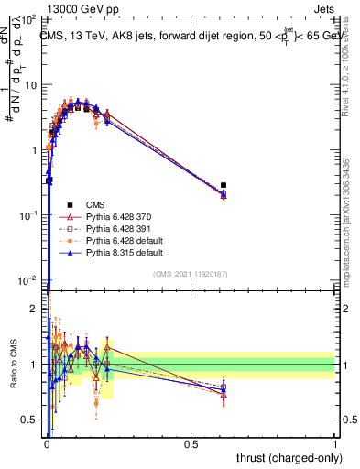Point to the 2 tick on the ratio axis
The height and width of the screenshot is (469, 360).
(34, 308)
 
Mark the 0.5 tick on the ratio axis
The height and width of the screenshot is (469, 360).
(30, 420)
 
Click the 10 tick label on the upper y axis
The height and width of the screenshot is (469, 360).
(28, 84)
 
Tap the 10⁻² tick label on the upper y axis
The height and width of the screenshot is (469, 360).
(27, 279)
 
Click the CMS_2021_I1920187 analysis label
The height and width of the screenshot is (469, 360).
(191, 274)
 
